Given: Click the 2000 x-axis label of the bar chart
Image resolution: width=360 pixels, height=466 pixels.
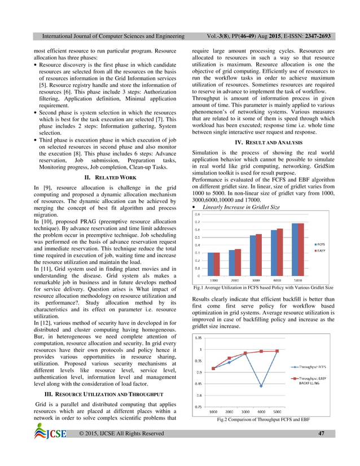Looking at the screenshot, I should (235, 280).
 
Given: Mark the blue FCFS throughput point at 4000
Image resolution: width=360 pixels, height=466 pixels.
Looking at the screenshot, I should (261, 386).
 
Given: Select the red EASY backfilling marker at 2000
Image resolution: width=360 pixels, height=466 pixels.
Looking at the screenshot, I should (229, 358).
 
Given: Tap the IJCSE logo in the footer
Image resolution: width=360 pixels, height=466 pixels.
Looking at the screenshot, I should (50, 433).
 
